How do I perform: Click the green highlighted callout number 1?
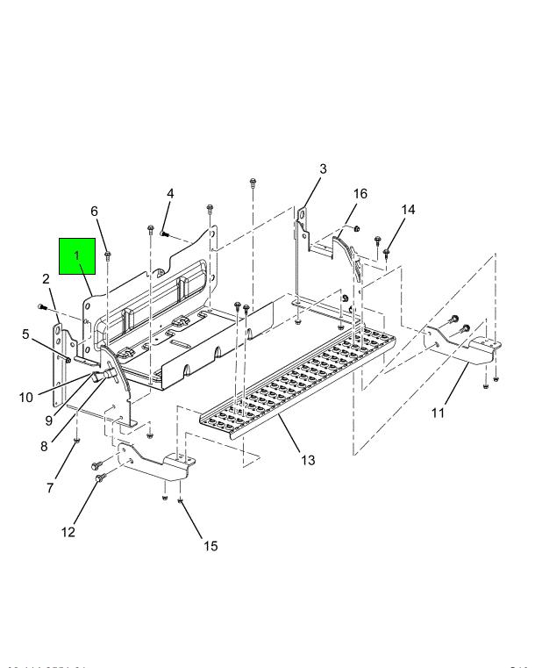[76, 255]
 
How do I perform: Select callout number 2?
[46, 279]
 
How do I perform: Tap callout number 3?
[322, 169]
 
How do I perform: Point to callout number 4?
[170, 193]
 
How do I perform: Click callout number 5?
[26, 334]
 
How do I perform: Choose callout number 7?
[50, 487]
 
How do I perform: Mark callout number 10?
[26, 397]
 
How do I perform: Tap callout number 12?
[68, 531]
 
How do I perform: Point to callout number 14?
[408, 210]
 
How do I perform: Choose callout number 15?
[210, 546]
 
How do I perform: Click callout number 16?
[360, 193]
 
